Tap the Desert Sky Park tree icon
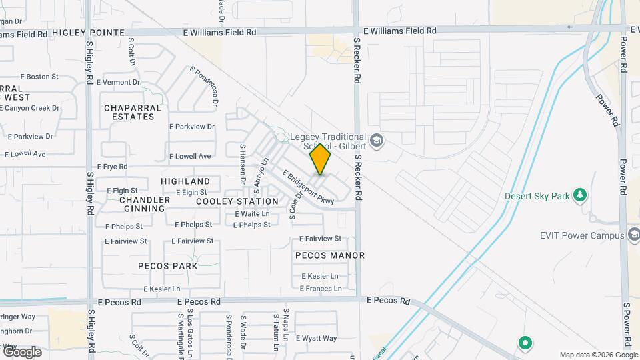coord(581,195)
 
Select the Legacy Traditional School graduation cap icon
coord(377,140)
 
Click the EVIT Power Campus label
coord(583,235)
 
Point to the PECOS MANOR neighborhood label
coord(329,255)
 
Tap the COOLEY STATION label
coord(237,201)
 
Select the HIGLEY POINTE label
coord(88,33)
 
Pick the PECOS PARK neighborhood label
coord(167,266)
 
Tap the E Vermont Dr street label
coord(118,83)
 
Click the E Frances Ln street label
coord(321,289)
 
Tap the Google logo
coord(22,351)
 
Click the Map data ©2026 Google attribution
coord(598,355)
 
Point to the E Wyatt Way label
coord(316,339)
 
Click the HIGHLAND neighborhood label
coord(185,181)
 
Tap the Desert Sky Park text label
coord(537,196)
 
